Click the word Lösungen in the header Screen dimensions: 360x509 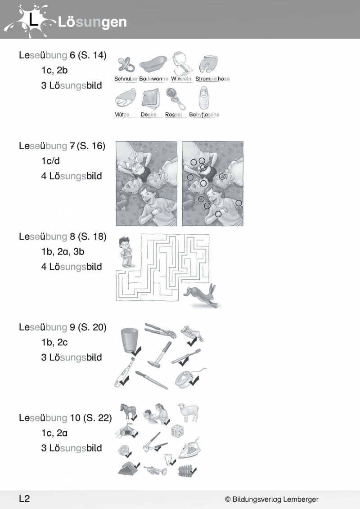92,22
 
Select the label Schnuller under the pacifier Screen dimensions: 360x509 126,79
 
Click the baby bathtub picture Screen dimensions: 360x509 153,64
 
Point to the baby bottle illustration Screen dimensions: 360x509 203,98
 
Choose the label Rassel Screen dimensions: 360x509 174,115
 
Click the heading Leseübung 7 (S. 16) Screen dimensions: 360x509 62,146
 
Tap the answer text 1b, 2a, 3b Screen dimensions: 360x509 63,252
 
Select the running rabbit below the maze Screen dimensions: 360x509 202,295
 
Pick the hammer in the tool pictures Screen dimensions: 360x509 160,354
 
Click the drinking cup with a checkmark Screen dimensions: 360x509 129,340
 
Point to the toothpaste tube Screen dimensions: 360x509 192,333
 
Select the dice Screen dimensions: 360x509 178,431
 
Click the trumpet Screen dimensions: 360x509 155,470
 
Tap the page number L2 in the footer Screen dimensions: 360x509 24,499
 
